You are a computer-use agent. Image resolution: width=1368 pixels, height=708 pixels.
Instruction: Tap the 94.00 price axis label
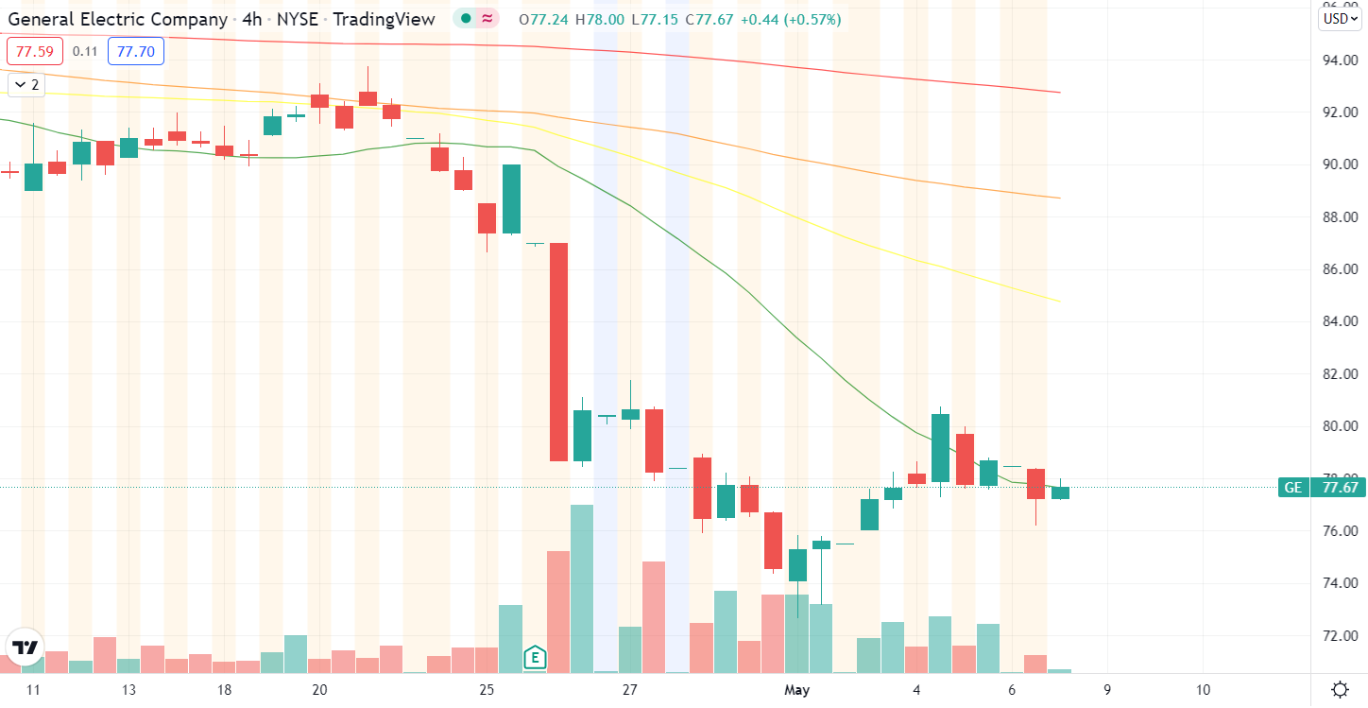1340,60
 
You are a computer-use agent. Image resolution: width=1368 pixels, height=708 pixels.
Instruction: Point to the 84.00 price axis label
1340,321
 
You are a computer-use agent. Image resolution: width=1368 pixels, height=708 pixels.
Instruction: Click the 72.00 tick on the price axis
1340,635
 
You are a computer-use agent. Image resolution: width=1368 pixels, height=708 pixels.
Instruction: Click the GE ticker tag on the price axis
1292,488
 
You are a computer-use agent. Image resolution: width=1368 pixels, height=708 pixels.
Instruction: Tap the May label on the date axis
797,690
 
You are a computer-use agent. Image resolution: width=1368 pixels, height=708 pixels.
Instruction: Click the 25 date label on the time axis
487,690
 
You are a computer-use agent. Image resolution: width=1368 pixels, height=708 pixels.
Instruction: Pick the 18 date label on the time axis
224,690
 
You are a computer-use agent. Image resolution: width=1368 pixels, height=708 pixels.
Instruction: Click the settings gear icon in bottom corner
1340,689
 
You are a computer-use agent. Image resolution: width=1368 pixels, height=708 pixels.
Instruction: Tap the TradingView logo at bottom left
26,648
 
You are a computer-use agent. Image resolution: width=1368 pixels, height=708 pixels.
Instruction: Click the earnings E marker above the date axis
535,656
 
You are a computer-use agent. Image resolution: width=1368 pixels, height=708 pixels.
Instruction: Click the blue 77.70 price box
136,52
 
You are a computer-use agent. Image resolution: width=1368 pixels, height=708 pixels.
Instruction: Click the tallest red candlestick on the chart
558,352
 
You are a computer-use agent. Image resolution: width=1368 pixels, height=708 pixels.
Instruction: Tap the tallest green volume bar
582,588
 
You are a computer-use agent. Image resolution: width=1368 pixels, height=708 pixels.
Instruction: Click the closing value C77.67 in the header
712,20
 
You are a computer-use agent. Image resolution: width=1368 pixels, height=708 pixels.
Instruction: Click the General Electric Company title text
117,19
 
